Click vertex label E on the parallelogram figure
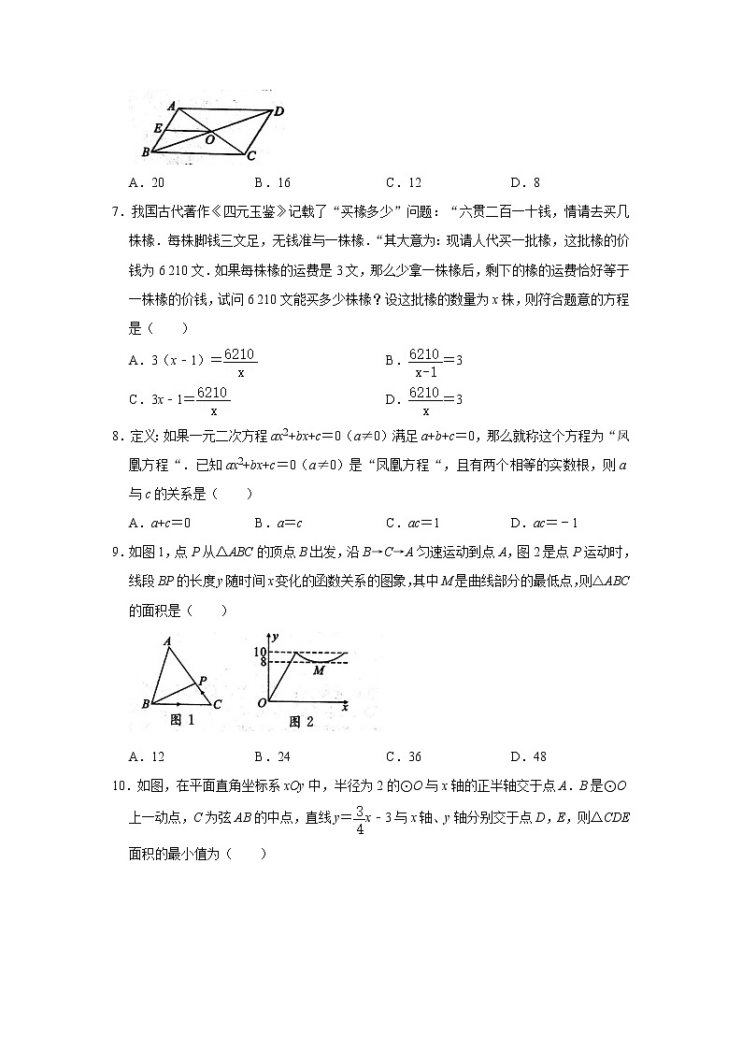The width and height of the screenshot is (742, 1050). [x=158, y=127]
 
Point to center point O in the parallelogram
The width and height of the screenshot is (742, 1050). [x=210, y=139]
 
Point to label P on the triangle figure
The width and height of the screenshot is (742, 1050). [x=203, y=682]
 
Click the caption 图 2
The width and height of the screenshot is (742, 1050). [x=300, y=721]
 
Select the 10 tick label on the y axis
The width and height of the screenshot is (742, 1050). [x=261, y=651]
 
